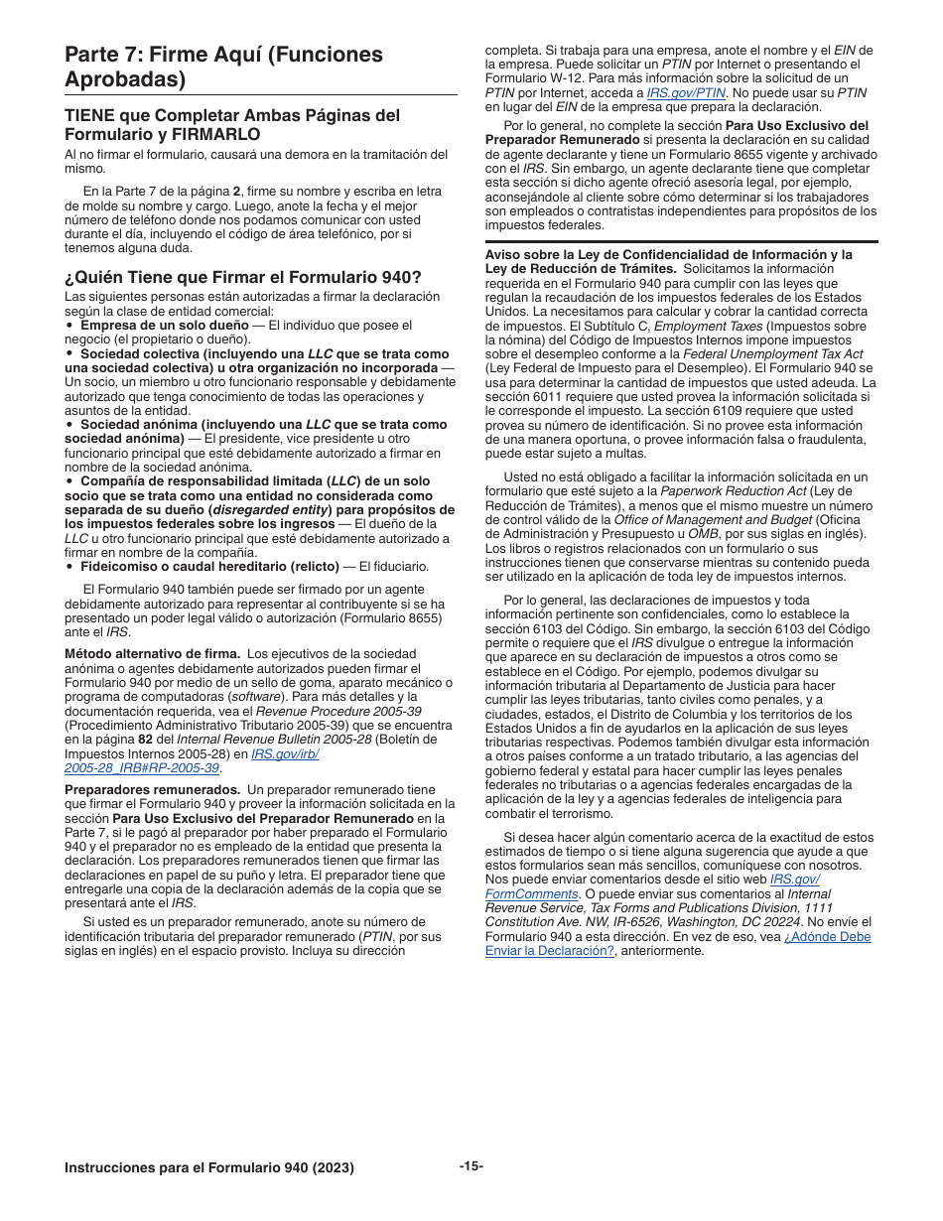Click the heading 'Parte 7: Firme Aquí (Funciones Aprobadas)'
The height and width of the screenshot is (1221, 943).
223,66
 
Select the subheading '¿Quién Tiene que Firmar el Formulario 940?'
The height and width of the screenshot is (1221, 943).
242,277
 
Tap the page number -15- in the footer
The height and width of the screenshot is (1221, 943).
471,1166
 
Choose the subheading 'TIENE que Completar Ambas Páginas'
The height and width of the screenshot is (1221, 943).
232,123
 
